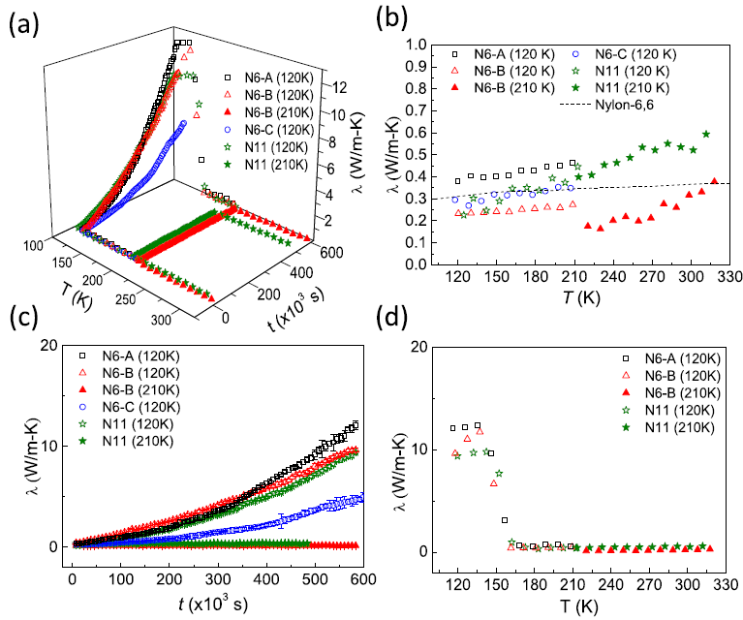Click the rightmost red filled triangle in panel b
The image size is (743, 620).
tap(714, 181)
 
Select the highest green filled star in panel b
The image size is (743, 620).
tap(705, 135)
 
